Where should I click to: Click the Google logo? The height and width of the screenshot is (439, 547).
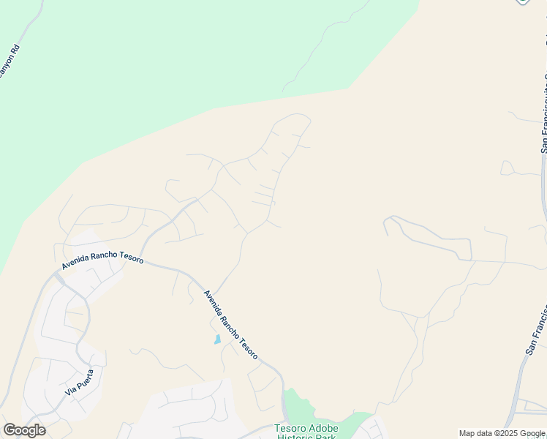pyautogui.click(x=24, y=430)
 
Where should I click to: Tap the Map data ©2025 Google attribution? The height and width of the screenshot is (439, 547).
pyautogui.click(x=502, y=433)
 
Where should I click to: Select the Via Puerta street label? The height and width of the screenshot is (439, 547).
pyautogui.click(x=80, y=382)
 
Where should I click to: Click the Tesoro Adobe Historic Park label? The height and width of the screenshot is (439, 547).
pyautogui.click(x=306, y=432)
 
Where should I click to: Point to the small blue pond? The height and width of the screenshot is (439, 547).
pyautogui.click(x=217, y=339)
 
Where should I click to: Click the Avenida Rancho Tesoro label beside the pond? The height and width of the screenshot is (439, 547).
pyautogui.click(x=230, y=324)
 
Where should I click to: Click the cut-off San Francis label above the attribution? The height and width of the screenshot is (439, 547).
pyautogui.click(x=537, y=330)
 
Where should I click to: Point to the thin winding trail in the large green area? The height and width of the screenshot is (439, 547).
pyautogui.click(x=322, y=44)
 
